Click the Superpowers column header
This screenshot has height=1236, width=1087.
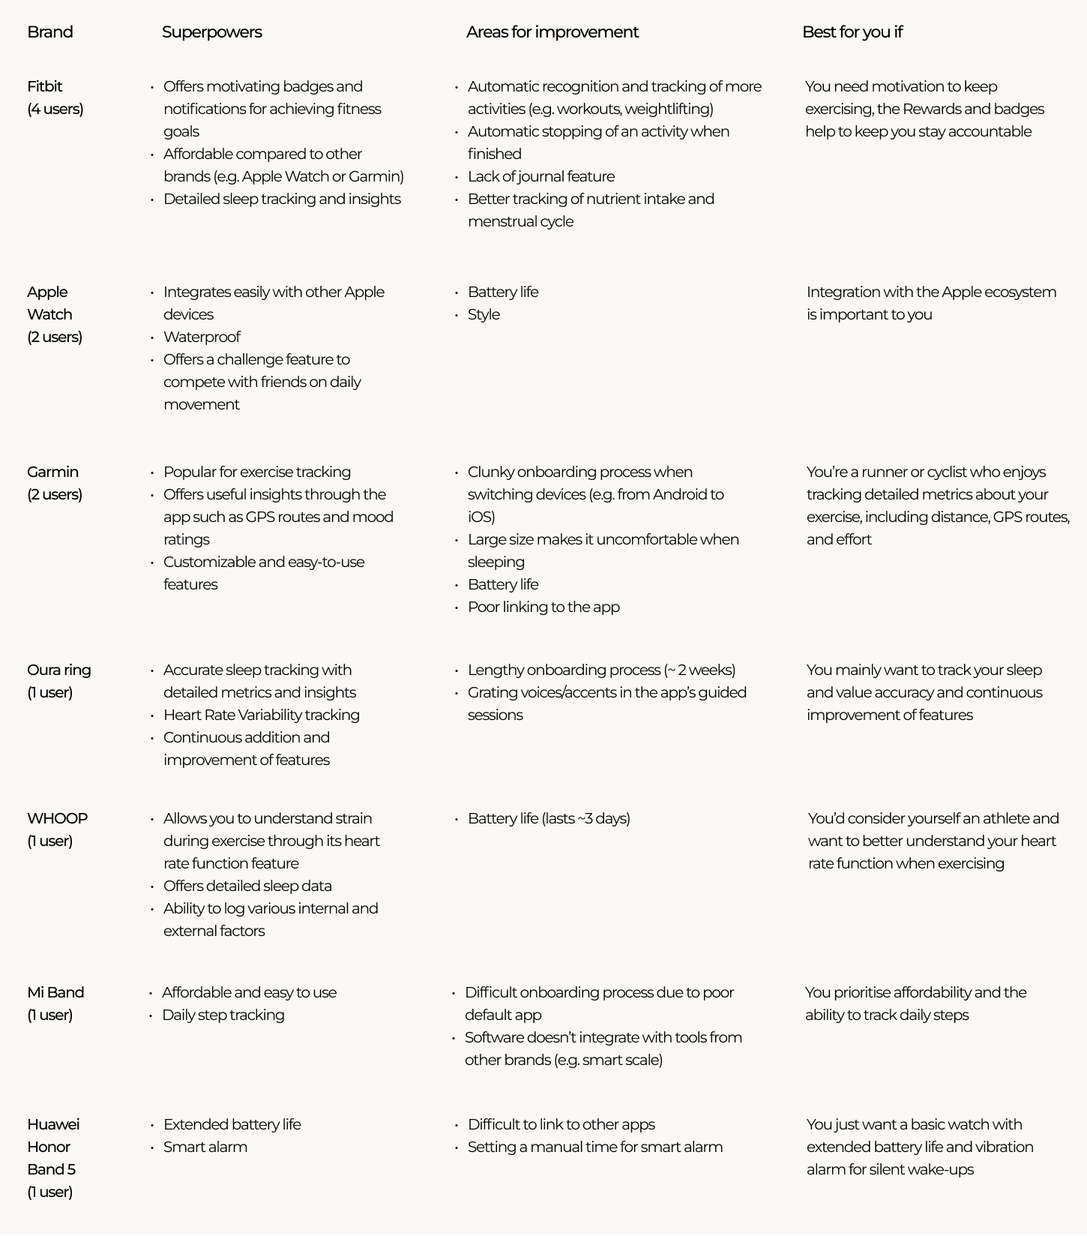[x=211, y=32]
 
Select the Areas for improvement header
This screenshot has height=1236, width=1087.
[x=552, y=32]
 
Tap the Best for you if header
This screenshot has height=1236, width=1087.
[x=852, y=32]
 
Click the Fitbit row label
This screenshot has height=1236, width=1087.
[x=45, y=86]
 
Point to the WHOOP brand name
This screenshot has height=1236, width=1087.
[x=57, y=818]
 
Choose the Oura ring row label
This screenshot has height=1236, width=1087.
[x=58, y=670]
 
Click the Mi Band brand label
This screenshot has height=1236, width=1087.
[x=55, y=992]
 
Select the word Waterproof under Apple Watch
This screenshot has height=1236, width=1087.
[x=202, y=337]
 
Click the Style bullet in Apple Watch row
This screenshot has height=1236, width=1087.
[x=484, y=314]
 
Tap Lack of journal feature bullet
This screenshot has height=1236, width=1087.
[x=541, y=176]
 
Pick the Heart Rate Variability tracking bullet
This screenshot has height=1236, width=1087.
[x=261, y=715]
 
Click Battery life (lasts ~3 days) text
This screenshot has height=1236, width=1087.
[x=549, y=818]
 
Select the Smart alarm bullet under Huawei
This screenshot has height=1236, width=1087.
[x=205, y=1147]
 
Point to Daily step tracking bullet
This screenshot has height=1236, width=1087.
[x=223, y=1015]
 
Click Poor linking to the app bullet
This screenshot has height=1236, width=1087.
[x=543, y=607]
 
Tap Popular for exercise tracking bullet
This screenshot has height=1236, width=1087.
[x=256, y=472]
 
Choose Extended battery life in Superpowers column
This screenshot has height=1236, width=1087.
[x=232, y=1124]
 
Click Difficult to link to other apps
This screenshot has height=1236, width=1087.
[x=561, y=1124]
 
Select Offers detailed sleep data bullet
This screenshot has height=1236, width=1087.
[x=247, y=886]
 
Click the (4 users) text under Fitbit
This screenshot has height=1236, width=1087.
[x=55, y=109]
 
